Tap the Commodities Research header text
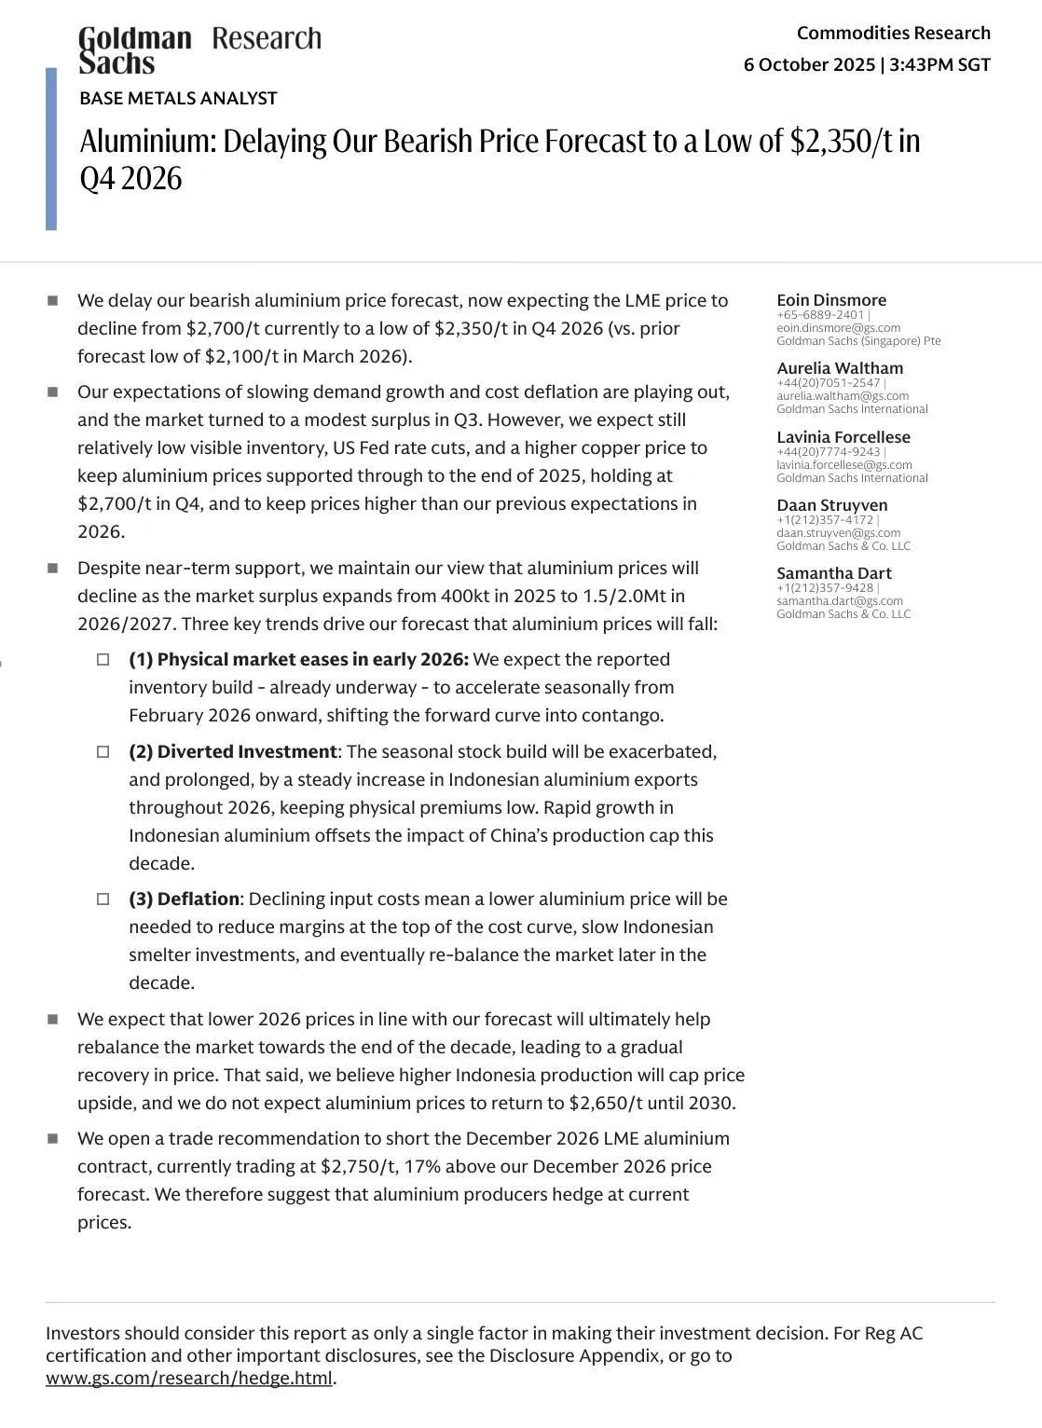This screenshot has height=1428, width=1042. (x=893, y=34)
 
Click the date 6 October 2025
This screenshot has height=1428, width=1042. (x=809, y=64)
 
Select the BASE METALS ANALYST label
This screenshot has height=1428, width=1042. (x=178, y=98)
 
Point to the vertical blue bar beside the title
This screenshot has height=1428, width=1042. (x=51, y=149)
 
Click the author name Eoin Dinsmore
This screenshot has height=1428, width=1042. (x=831, y=300)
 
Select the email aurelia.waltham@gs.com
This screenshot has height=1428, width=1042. (x=843, y=396)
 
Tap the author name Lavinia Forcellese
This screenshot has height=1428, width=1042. (x=843, y=437)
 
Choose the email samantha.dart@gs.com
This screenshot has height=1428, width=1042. (x=840, y=601)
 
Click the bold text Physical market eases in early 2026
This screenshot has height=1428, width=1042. (x=311, y=660)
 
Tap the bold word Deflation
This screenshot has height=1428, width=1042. (x=198, y=899)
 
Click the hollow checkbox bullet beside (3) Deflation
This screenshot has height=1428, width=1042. (x=103, y=899)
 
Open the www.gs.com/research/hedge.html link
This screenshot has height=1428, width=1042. (x=189, y=1379)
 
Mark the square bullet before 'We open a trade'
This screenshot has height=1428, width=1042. (x=53, y=1139)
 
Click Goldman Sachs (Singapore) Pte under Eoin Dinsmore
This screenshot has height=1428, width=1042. (x=858, y=341)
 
